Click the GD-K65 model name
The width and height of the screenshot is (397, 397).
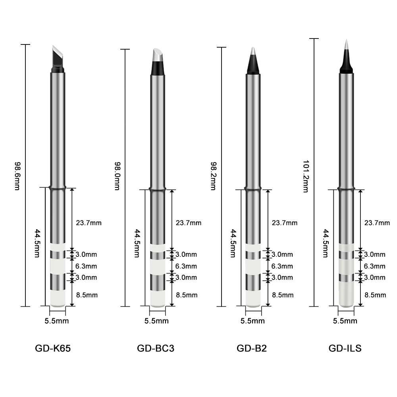click(x=53, y=349)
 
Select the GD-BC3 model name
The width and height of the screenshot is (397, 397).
click(x=156, y=349)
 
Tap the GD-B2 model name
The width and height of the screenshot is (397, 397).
click(x=252, y=349)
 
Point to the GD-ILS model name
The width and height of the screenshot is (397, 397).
click(x=345, y=349)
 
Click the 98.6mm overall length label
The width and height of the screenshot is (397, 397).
click(x=17, y=176)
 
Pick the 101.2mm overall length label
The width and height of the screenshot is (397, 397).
click(x=306, y=176)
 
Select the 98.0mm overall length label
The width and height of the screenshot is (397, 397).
click(x=117, y=176)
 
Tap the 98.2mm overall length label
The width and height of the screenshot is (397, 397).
click(x=213, y=176)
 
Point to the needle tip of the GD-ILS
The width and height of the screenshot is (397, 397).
click(x=346, y=56)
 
